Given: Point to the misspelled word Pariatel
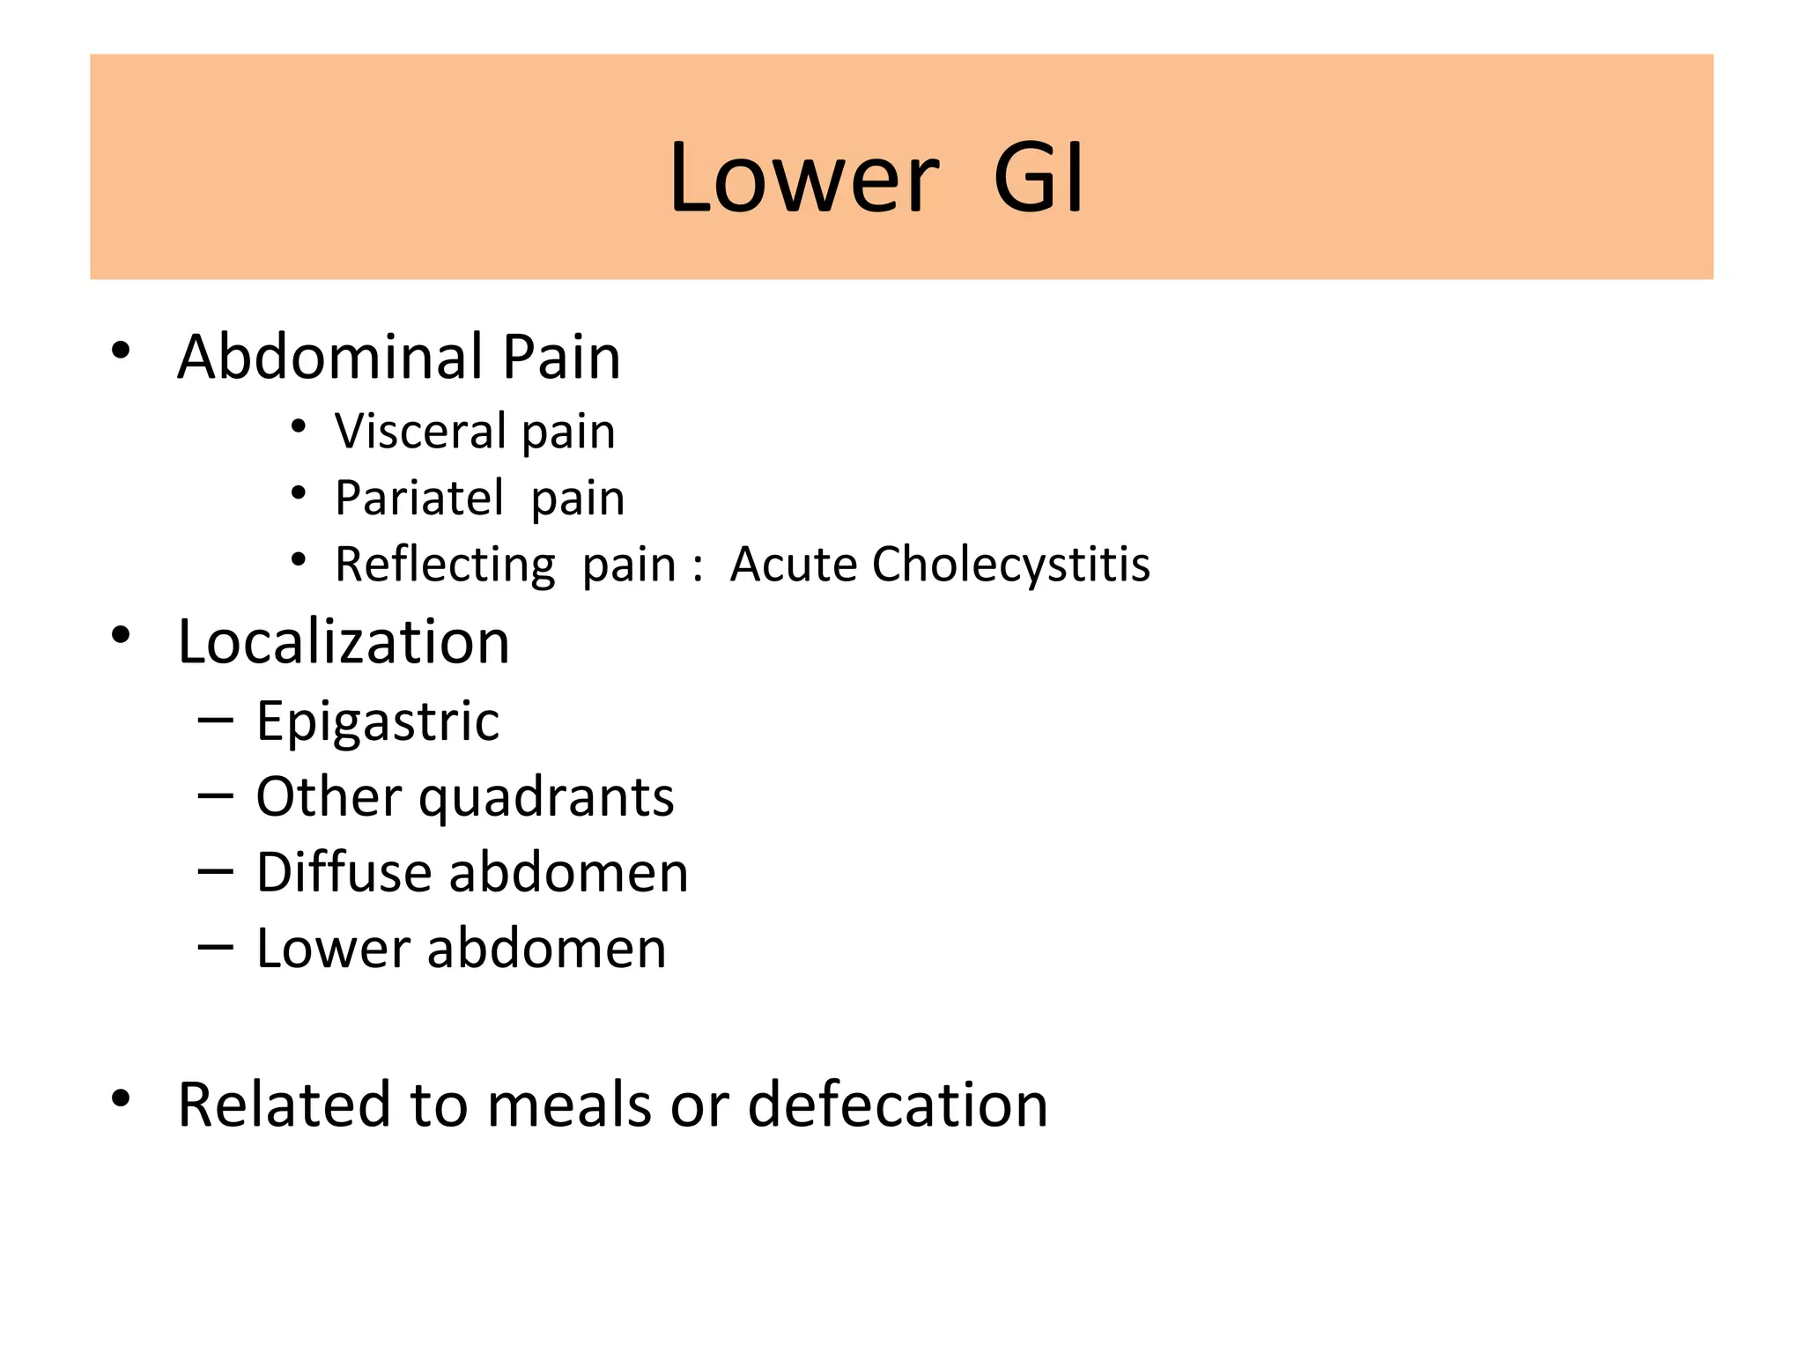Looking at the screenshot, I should click(x=419, y=498).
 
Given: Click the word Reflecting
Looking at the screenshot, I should click(x=445, y=565).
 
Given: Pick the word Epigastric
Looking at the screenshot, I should click(x=378, y=722).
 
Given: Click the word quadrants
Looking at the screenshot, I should click(x=546, y=798).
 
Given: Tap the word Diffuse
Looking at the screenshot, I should click(x=344, y=873).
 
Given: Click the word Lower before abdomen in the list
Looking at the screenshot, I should click(x=333, y=949).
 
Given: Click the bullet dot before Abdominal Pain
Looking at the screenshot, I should click(x=122, y=351).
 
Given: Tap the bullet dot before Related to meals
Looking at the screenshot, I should click(x=122, y=1098).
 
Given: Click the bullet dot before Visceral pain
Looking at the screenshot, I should click(x=299, y=427).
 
